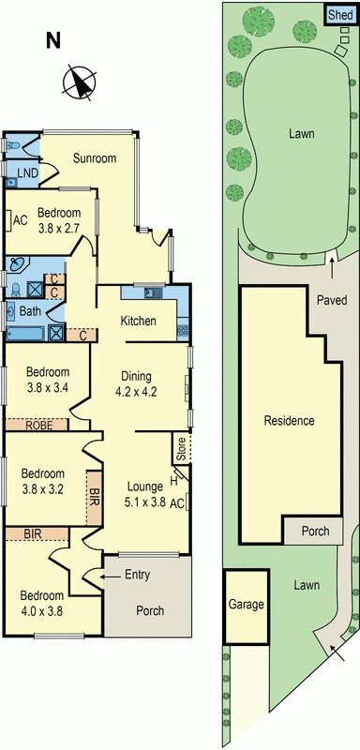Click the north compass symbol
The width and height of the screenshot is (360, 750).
78,84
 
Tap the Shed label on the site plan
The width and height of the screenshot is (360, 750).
338,15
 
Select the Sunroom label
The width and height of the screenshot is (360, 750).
95,158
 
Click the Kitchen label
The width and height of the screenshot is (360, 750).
138,322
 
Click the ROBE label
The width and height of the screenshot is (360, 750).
37,425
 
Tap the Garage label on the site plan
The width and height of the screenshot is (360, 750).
246,606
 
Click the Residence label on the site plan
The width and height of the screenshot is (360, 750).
289,421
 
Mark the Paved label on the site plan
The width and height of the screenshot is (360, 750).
331,301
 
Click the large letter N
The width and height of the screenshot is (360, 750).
53,39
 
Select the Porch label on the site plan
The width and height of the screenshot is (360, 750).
315,531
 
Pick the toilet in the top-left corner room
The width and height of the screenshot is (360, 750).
13,146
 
